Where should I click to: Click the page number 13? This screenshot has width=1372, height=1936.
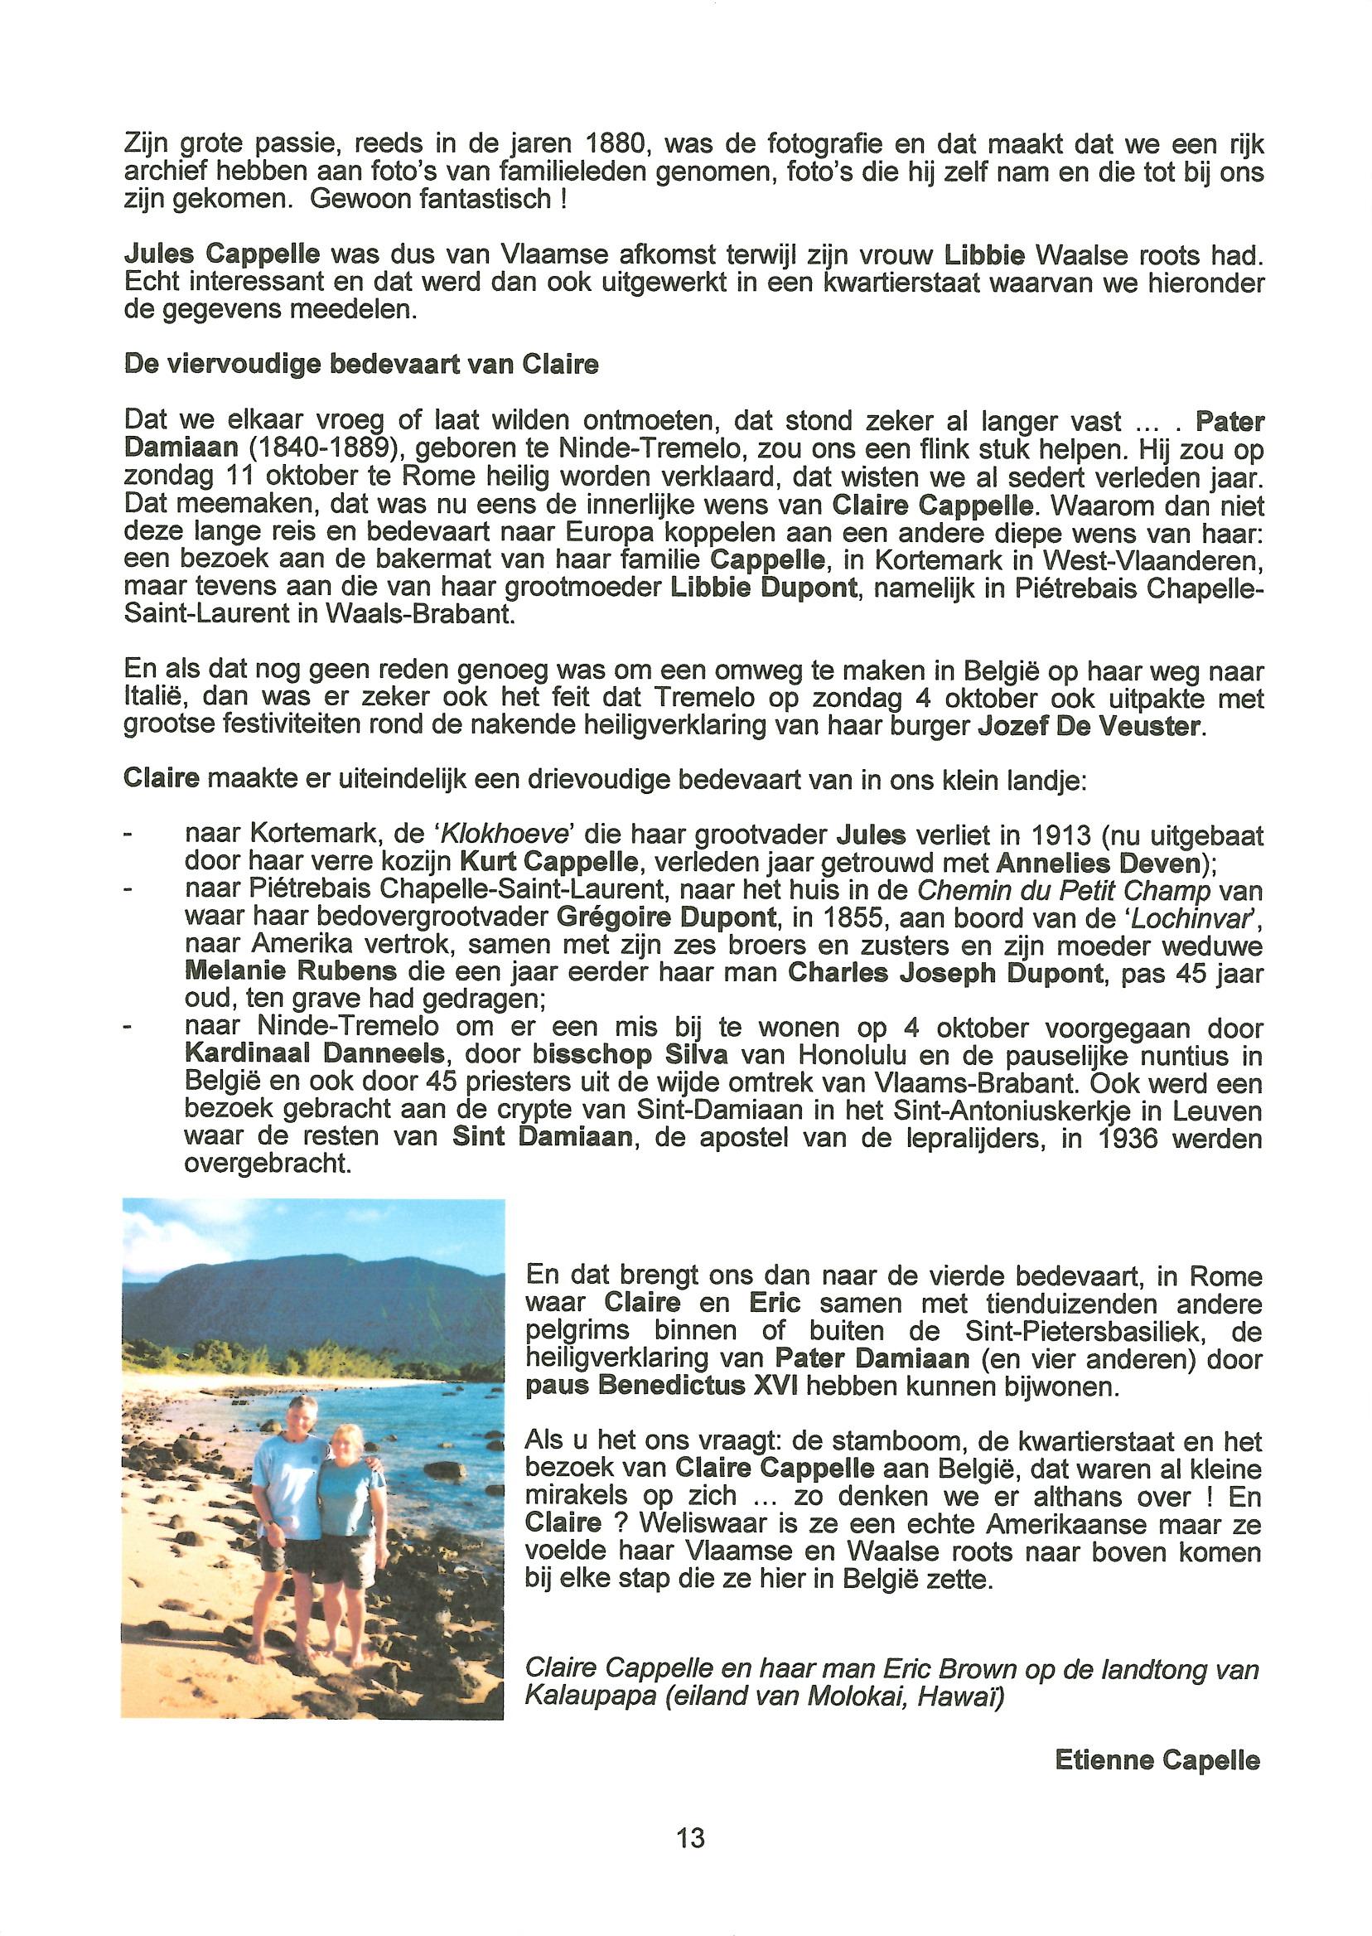690,1837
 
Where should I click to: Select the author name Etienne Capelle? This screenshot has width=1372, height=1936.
1157,1760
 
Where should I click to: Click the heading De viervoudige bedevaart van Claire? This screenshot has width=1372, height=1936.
360,364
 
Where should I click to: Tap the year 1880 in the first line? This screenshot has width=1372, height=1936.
615,144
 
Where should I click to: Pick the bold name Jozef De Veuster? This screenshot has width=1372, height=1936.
1088,727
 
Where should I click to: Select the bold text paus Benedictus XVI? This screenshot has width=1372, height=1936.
661,1387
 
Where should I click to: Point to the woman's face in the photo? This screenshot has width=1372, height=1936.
347,1442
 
